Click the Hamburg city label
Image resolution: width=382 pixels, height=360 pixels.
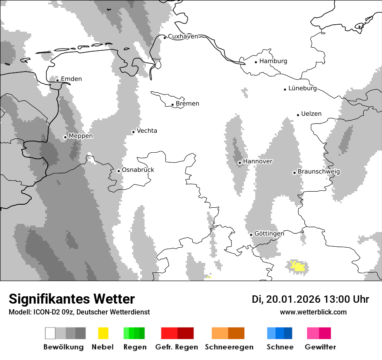tap(273, 61)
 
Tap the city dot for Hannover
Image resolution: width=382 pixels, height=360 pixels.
tap(240, 163)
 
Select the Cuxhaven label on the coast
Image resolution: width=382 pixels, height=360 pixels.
tap(183, 36)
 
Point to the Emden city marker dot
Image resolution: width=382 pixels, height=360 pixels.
tap(57, 80)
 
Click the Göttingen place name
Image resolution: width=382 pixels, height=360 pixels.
tap(269, 234)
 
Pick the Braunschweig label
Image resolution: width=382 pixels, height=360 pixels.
tap(319, 172)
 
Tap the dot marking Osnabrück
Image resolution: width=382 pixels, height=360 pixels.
tap(119, 171)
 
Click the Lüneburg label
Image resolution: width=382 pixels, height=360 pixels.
tap(303, 88)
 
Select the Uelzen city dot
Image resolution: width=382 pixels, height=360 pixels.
tap(298, 115)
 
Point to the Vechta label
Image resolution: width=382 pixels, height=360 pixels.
tap(147, 131)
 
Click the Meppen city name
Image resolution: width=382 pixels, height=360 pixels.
tap(81, 136)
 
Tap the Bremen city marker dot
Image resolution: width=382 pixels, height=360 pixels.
tap(172, 105)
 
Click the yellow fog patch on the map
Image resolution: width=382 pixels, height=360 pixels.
tap(298, 266)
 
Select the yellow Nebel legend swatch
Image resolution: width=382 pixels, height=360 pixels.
tap(103, 333)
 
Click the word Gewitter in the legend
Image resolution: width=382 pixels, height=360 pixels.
tap(320, 347)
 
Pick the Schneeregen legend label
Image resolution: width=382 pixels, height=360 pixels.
tap(229, 347)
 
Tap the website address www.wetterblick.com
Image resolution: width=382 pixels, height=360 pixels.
tap(313, 312)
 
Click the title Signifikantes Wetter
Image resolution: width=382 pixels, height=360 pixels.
tap(72, 299)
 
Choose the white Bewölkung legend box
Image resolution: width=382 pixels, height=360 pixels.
tap(50, 333)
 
